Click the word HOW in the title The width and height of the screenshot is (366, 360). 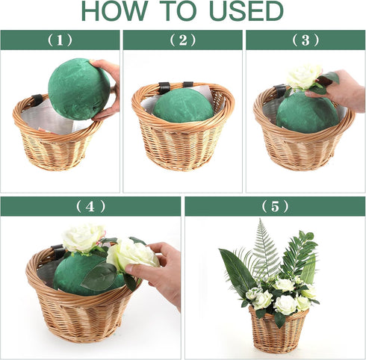coord(114,11)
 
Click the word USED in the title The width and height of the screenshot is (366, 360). coord(246,11)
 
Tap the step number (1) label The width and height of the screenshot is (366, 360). coord(60,40)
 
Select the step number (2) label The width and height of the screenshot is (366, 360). coord(183,40)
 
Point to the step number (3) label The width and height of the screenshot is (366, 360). coord(305,40)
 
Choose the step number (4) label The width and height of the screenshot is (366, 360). coord(90,206)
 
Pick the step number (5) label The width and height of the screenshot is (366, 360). coord(275,206)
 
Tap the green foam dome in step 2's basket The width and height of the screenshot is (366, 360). coord(183,106)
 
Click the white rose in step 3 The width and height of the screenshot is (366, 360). coord(304,76)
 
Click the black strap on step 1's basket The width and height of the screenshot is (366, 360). coord(37,100)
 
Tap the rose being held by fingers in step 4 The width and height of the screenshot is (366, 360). coord(131,255)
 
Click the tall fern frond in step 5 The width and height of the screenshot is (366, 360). coord(264,252)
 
